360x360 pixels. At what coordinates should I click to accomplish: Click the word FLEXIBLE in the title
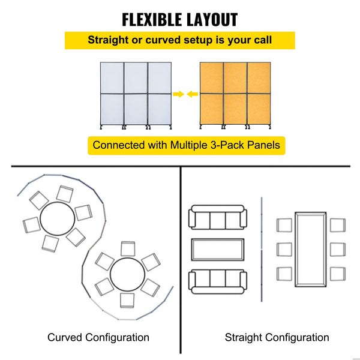point(152,20)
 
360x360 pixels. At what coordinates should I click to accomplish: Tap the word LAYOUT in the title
point(212,20)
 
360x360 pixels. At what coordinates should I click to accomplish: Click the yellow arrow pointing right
point(178,94)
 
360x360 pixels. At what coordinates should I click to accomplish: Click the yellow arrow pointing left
point(193,94)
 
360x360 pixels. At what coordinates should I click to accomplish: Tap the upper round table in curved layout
point(58,219)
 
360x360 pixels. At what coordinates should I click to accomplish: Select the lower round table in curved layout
point(127,274)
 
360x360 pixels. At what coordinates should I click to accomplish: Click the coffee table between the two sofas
point(218,250)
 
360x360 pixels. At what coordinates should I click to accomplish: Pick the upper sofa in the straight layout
point(218,217)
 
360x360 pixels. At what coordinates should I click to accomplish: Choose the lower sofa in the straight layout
point(218,282)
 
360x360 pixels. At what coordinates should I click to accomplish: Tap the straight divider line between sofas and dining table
point(262,250)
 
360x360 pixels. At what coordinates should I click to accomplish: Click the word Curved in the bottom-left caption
point(65,337)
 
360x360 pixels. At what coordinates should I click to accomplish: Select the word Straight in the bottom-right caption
point(243,338)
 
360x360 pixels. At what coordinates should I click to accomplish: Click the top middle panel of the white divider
point(136,78)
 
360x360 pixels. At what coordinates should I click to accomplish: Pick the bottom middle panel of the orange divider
point(235,109)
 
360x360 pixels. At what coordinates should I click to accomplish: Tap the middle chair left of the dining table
point(284,250)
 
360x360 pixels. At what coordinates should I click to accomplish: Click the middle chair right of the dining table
point(338,250)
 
